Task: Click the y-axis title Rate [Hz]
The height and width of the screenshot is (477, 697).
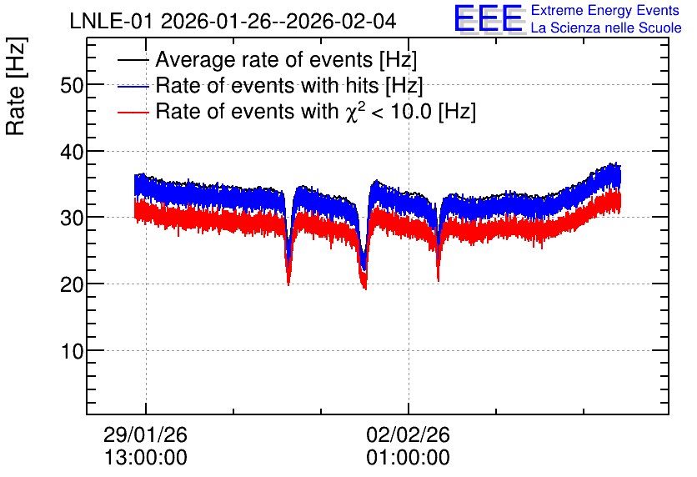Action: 16,86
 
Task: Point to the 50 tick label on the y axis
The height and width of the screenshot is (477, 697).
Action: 72,85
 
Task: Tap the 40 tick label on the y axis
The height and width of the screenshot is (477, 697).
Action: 72,152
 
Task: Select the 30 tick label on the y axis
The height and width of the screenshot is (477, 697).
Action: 72,218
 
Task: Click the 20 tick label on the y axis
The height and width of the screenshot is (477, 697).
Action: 72,284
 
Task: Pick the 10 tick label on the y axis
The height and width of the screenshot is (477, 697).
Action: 73,351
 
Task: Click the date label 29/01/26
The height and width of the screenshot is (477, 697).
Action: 145,434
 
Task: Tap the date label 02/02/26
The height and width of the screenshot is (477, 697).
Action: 408,434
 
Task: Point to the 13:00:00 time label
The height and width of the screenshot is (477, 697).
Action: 145,457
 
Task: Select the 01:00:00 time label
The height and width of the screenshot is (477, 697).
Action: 408,457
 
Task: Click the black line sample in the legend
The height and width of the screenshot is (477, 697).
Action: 133,60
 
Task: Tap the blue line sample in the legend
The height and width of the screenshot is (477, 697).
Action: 133,86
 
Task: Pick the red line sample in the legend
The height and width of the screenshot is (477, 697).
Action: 133,113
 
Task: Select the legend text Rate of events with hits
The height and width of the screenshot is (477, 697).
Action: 267,85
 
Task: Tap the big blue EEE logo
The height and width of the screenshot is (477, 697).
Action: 488,18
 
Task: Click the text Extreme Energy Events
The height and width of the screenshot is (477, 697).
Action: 605,10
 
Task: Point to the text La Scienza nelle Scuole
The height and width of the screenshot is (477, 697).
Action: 606,28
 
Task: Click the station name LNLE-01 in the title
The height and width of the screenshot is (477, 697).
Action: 113,21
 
